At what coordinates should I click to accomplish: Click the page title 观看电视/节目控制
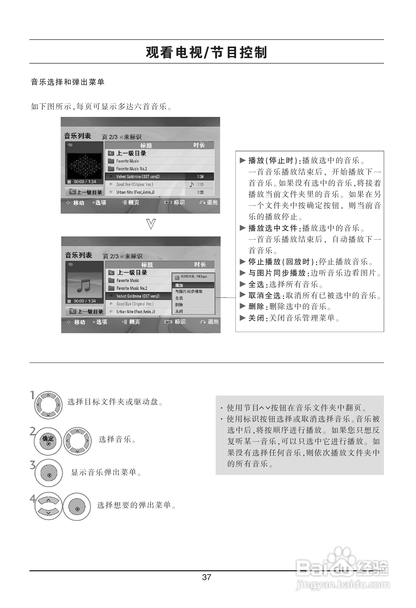click(206, 52)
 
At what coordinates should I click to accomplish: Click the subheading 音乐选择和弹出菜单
click(67, 82)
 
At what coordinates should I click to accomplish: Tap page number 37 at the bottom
click(206, 577)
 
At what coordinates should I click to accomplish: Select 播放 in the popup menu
click(179, 285)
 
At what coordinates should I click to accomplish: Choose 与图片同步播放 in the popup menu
click(189, 291)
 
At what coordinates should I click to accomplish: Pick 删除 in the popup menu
click(179, 305)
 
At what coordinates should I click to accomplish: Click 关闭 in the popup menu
click(179, 311)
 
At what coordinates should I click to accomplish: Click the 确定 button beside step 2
click(48, 441)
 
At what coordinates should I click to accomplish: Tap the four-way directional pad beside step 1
click(48, 405)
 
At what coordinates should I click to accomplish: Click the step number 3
click(33, 465)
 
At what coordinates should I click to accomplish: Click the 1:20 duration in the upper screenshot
click(200, 192)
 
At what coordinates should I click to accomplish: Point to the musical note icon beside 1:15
click(192, 184)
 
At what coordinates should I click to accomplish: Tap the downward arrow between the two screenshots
click(151, 224)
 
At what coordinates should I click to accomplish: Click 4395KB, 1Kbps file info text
click(194, 276)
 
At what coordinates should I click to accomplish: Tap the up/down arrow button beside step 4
click(48, 506)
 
